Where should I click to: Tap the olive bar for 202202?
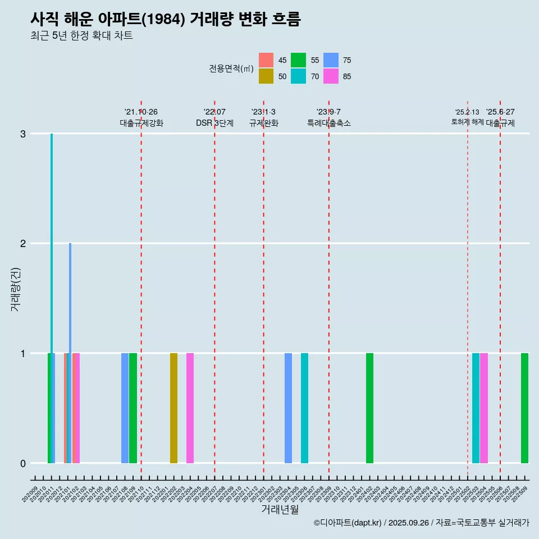pos(173,408)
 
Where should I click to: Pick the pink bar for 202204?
pos(190,408)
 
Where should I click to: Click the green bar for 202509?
pos(524,408)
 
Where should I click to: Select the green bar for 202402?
pos(369,408)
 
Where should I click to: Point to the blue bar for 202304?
pos(288,408)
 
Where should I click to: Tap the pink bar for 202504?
pos(484,408)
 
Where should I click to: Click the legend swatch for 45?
pos(266,60)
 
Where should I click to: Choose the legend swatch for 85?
pos(331,76)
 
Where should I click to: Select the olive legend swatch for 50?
pos(266,76)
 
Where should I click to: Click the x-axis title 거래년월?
pos(280,509)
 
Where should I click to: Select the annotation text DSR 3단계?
pos(214,123)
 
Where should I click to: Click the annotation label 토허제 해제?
pos(467,122)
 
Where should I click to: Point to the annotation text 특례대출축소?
pos(328,123)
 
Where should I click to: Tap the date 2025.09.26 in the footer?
pos(409,523)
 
